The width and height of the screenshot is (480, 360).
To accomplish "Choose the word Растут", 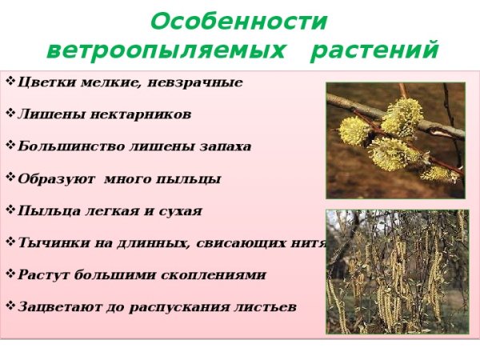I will click(x=39, y=274).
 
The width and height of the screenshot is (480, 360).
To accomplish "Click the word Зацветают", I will click(x=54, y=306).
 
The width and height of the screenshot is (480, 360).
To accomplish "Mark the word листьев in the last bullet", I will click(x=265, y=306).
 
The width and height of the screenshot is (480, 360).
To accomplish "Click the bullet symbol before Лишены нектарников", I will click(x=10, y=114).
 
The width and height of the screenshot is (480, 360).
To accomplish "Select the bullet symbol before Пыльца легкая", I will click(x=10, y=210).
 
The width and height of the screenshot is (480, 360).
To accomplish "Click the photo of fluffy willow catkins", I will click(x=395, y=140).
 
